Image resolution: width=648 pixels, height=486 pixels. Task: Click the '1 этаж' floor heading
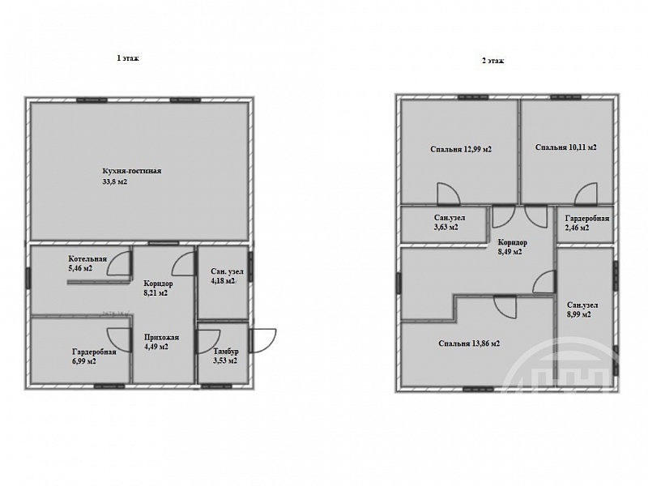coord(128,58)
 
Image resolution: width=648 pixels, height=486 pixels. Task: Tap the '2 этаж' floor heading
coord(493,61)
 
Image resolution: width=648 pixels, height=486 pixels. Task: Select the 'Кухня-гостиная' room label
coord(132,171)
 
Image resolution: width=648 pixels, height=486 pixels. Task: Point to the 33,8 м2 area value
coord(115,181)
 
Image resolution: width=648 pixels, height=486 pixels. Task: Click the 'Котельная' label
coord(87,259)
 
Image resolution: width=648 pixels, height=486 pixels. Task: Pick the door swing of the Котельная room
coord(119,264)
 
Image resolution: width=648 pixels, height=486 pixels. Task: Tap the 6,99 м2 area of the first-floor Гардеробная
coord(84,361)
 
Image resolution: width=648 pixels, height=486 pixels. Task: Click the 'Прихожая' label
coord(161,337)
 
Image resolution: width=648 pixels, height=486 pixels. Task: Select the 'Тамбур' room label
coord(226,352)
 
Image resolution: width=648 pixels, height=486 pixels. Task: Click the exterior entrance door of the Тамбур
coord(263,340)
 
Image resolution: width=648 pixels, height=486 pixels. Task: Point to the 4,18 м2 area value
coord(223,281)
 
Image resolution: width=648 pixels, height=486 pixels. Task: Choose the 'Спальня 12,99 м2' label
coord(461,149)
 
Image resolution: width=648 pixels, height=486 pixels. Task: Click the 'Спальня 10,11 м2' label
coord(566,147)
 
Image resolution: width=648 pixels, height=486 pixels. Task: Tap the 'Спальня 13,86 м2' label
coord(470,343)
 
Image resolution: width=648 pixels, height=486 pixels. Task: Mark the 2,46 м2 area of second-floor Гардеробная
coord(577,228)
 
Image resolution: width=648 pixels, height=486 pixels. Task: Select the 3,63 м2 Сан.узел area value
coord(446,227)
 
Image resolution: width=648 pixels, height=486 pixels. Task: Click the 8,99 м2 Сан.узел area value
coord(579,314)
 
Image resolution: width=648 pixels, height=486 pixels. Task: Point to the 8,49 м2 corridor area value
coord(510,251)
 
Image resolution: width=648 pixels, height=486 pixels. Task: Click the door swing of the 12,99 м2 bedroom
coord(449,194)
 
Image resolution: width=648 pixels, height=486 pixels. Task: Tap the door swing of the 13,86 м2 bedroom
coord(505,307)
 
